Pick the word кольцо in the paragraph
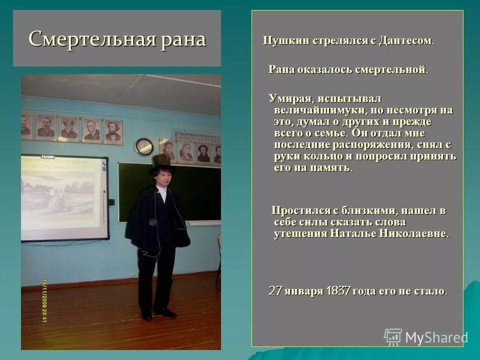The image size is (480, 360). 317,156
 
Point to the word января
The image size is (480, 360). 303,290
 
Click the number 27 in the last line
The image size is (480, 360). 275,290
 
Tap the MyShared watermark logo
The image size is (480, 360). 425,337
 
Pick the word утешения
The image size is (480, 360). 299,233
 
